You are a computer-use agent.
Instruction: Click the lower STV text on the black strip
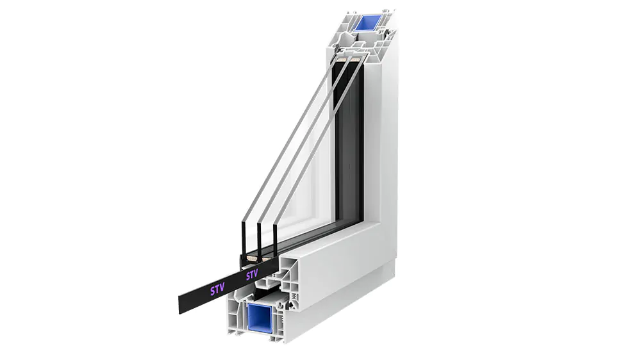tap(217, 290)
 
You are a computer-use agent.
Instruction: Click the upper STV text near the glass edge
tap(252, 275)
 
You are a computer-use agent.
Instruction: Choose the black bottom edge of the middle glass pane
tap(259, 239)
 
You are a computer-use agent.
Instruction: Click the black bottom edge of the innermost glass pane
tap(275, 238)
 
